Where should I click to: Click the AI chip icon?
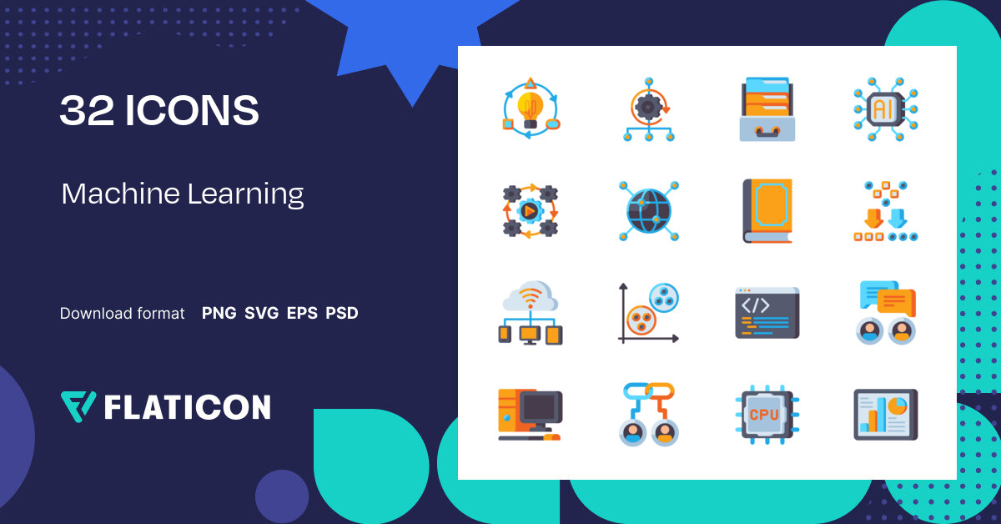885,109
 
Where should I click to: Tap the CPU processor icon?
765,414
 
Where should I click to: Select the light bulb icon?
529,109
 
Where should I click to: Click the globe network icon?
649,211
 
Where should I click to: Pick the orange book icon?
767,211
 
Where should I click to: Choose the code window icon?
767,313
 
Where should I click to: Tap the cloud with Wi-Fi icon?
530,313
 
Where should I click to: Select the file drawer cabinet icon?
767,109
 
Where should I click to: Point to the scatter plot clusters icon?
649,313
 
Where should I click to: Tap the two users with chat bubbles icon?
885,313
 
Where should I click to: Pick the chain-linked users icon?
649,414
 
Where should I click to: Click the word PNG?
219,314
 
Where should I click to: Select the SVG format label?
262,314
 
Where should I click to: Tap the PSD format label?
342,314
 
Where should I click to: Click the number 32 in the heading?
87,111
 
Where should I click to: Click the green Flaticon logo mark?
79,406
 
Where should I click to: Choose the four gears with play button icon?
529,211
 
